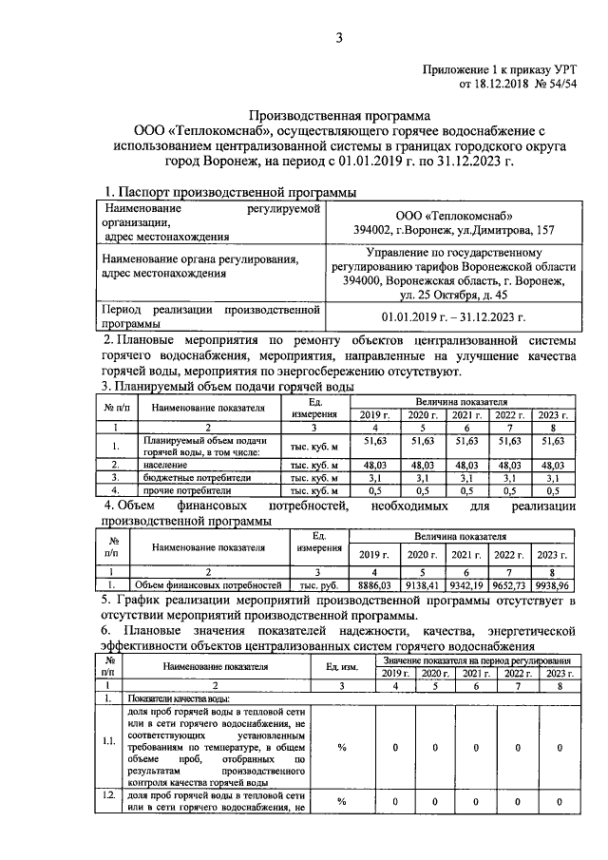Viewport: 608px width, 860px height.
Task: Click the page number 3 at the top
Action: tap(338, 37)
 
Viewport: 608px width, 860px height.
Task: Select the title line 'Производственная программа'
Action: tap(339, 115)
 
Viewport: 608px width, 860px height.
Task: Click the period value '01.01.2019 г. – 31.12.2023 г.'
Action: tap(453, 315)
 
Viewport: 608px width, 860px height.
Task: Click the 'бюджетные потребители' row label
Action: tap(202, 479)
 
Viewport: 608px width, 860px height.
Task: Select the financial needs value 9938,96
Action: tap(552, 584)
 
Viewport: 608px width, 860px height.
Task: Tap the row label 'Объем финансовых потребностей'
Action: tap(207, 584)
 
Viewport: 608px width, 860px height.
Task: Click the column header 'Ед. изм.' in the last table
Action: tap(341, 666)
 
